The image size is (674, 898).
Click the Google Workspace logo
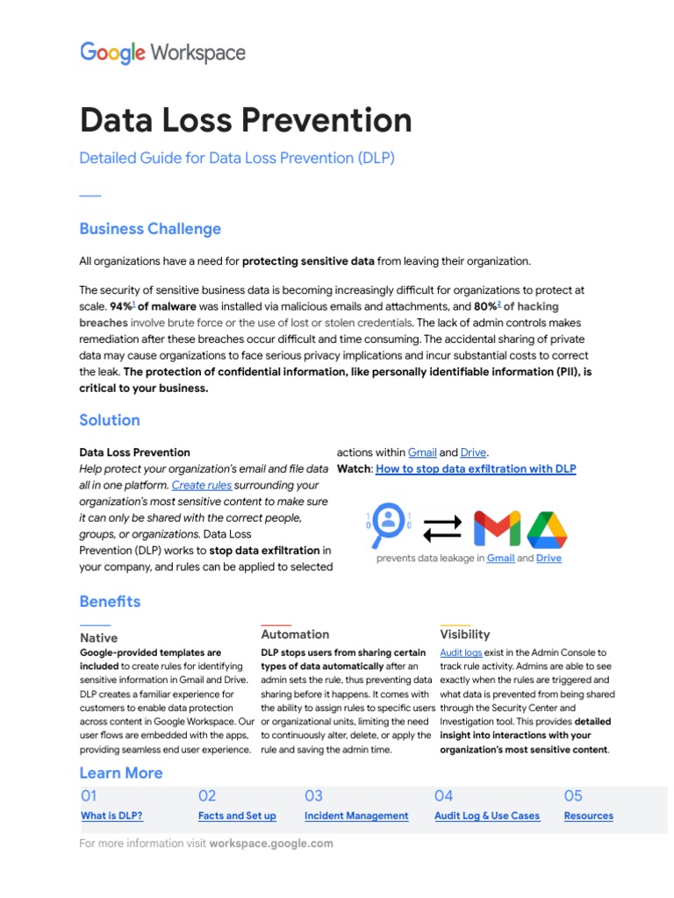[162, 53]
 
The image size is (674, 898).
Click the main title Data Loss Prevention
[245, 120]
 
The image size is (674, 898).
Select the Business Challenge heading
[150, 229]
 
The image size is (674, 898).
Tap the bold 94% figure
[120, 307]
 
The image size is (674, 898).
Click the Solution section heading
[110, 420]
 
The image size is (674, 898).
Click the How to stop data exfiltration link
[476, 469]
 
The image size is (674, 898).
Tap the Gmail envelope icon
[497, 528]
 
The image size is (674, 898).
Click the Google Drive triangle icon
[547, 529]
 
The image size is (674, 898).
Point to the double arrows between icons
[441, 528]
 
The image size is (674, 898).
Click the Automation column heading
[295, 634]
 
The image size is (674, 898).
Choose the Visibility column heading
[465, 634]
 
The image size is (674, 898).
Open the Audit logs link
[461, 653]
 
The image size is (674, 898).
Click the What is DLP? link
[111, 816]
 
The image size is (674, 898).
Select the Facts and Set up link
[237, 816]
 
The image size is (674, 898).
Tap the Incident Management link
[356, 816]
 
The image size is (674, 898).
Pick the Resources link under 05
[588, 816]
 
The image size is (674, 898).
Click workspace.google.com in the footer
[271, 844]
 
